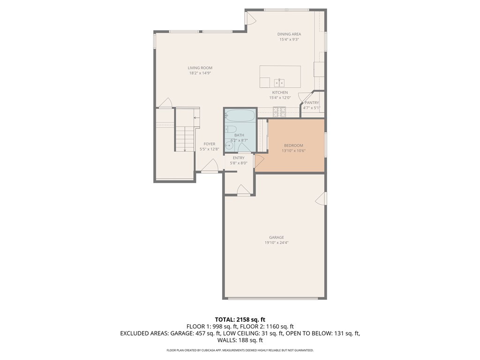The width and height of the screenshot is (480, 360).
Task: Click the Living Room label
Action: [200, 68]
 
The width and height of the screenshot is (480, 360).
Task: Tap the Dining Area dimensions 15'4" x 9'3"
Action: [289, 39]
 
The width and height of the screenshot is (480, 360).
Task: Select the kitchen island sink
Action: [279, 82]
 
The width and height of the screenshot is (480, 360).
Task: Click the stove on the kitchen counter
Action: [279, 112]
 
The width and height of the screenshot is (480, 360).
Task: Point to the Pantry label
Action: [312, 103]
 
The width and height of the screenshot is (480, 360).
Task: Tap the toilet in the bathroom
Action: [230, 129]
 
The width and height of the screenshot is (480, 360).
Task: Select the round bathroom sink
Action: [229, 146]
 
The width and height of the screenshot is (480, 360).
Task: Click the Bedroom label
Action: [293, 146]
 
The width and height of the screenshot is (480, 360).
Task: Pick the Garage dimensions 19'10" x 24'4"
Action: [277, 243]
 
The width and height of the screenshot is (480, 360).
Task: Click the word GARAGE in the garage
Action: [277, 238]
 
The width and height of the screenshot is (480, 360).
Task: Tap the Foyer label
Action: [210, 144]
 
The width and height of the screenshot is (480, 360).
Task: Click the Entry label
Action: [239, 158]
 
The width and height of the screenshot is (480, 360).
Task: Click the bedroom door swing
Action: [259, 161]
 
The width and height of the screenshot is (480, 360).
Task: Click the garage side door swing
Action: [321, 198]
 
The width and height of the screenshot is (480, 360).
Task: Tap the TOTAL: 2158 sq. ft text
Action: [240, 320]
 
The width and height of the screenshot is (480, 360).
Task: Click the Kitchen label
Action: [280, 92]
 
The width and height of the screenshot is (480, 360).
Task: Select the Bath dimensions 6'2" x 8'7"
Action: [239, 140]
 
